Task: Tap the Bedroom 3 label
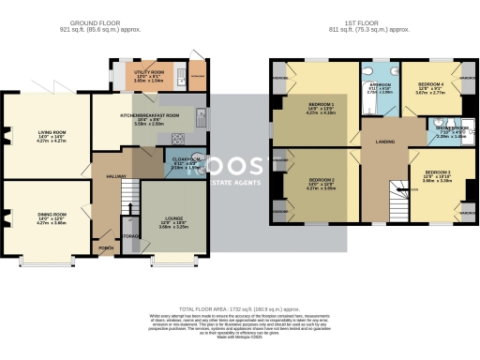coord(436,174)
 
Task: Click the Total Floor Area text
coord(240,308)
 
